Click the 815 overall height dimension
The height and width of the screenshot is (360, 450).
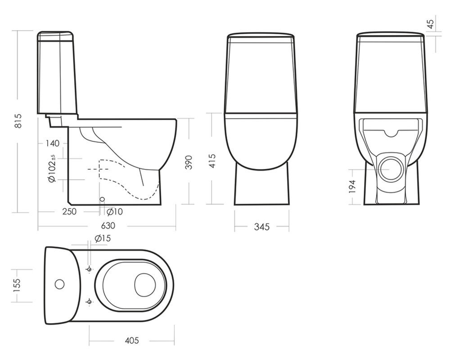(18, 121)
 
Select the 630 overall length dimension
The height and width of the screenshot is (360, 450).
(108, 225)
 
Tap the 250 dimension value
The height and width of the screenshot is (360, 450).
(69, 211)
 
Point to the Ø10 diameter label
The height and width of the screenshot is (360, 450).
(114, 212)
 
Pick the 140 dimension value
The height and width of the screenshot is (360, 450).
(53, 143)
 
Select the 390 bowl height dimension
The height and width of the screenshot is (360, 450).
(188, 162)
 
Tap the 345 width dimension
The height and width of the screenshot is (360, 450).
(262, 227)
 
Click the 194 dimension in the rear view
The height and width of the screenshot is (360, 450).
(352, 186)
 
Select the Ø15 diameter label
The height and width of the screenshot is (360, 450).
(103, 238)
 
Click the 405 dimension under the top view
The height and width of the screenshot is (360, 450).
(132, 341)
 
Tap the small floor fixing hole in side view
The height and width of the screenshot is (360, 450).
(102, 199)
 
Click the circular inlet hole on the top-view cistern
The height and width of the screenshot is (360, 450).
(60, 284)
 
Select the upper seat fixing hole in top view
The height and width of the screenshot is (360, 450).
(89, 269)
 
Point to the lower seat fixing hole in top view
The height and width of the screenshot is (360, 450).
(89, 302)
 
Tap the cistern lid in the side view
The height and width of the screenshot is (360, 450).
(56, 36)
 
